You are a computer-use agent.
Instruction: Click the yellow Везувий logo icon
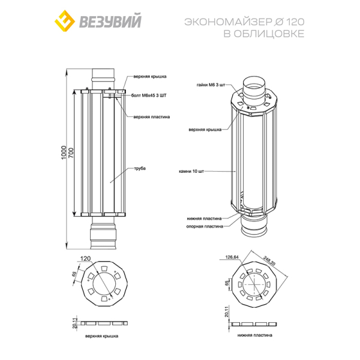(65, 20)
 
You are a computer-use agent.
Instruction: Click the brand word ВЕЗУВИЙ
(110, 22)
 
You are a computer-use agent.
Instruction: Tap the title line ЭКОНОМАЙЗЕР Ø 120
(244, 22)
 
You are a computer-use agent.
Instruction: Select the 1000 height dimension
(64, 152)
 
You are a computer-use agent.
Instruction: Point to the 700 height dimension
(71, 152)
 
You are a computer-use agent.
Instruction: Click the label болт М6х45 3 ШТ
(149, 95)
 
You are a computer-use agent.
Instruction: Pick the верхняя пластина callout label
(152, 117)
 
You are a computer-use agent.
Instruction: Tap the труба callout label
(140, 169)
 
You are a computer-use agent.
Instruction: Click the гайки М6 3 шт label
(211, 85)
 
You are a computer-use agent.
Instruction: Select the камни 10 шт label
(191, 172)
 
